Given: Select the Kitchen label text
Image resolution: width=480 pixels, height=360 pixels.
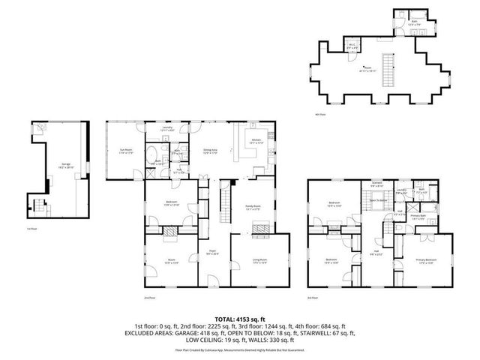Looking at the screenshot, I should (x=255, y=142).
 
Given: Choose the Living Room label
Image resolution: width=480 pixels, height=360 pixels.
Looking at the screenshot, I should (x=258, y=260).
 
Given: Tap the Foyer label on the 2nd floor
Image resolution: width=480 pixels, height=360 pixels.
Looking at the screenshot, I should (x=211, y=253).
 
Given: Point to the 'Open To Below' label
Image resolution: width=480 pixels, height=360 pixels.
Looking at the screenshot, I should (x=377, y=201).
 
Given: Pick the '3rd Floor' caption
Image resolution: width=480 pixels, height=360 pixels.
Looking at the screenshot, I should (x=313, y=298).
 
